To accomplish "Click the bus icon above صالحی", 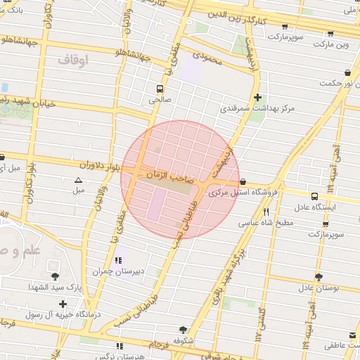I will [161, 89].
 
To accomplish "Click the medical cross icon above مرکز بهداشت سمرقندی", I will [258, 97].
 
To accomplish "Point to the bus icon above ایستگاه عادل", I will [314, 196].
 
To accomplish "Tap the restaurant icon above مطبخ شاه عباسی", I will [266, 212].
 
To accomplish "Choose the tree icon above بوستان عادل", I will [319, 277].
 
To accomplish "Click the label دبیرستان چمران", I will [116, 271].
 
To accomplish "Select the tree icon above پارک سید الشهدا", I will [56, 276].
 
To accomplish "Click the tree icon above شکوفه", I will [184, 329].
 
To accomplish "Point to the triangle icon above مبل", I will [78, 181].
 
